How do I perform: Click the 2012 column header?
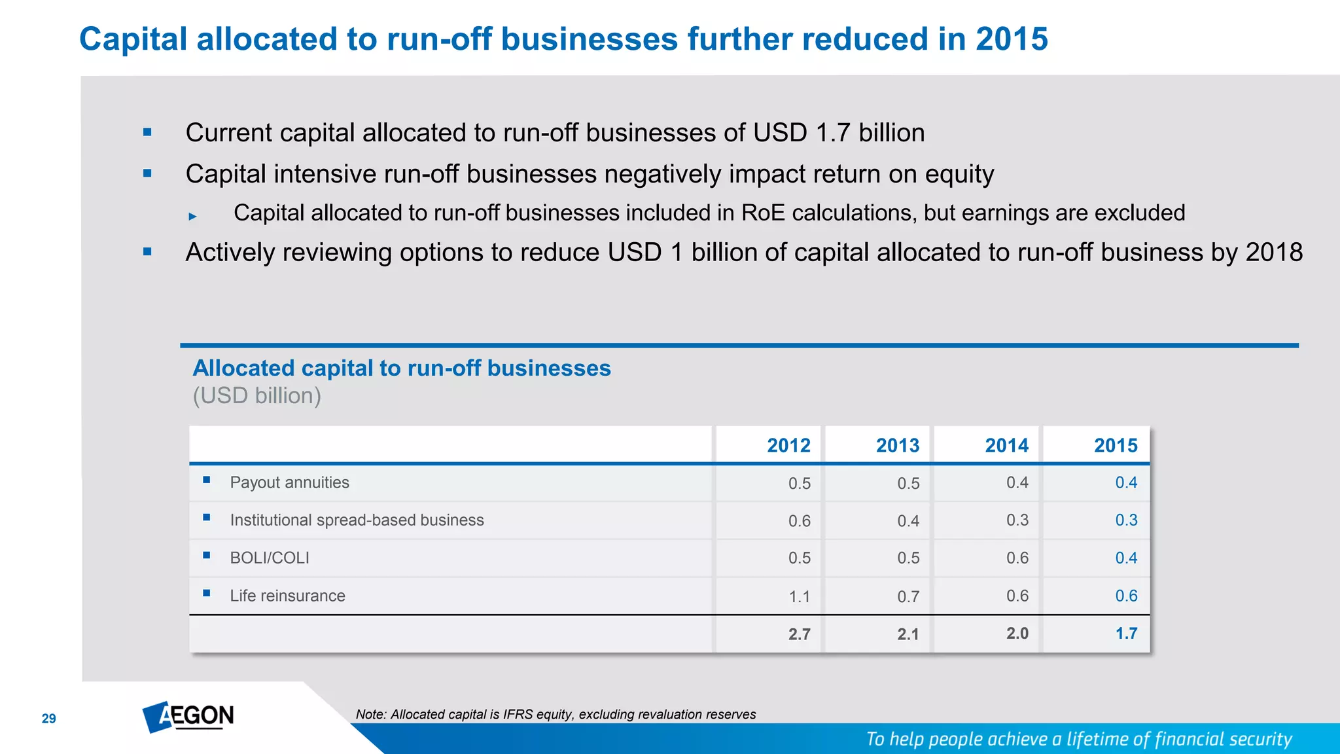(x=788, y=446)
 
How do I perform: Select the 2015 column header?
(x=1116, y=446)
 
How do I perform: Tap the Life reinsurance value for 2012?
(x=799, y=597)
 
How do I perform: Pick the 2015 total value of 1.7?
(x=1126, y=634)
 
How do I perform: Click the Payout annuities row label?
(x=289, y=483)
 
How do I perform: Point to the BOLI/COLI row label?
(x=270, y=558)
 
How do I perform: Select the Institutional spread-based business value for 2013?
(x=908, y=521)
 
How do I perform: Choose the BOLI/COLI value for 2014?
(x=1017, y=558)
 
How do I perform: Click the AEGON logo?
(x=188, y=717)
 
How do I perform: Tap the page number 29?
(x=49, y=719)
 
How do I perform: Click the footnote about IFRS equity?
(x=555, y=715)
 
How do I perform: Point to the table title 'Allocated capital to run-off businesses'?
(x=402, y=368)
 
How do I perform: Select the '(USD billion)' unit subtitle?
(x=256, y=396)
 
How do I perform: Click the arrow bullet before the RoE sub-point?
(x=192, y=216)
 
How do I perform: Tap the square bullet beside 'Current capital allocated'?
(x=147, y=133)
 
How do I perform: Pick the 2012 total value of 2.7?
(x=799, y=634)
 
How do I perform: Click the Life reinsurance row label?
(x=287, y=596)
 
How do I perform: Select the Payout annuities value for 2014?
(x=1017, y=483)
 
